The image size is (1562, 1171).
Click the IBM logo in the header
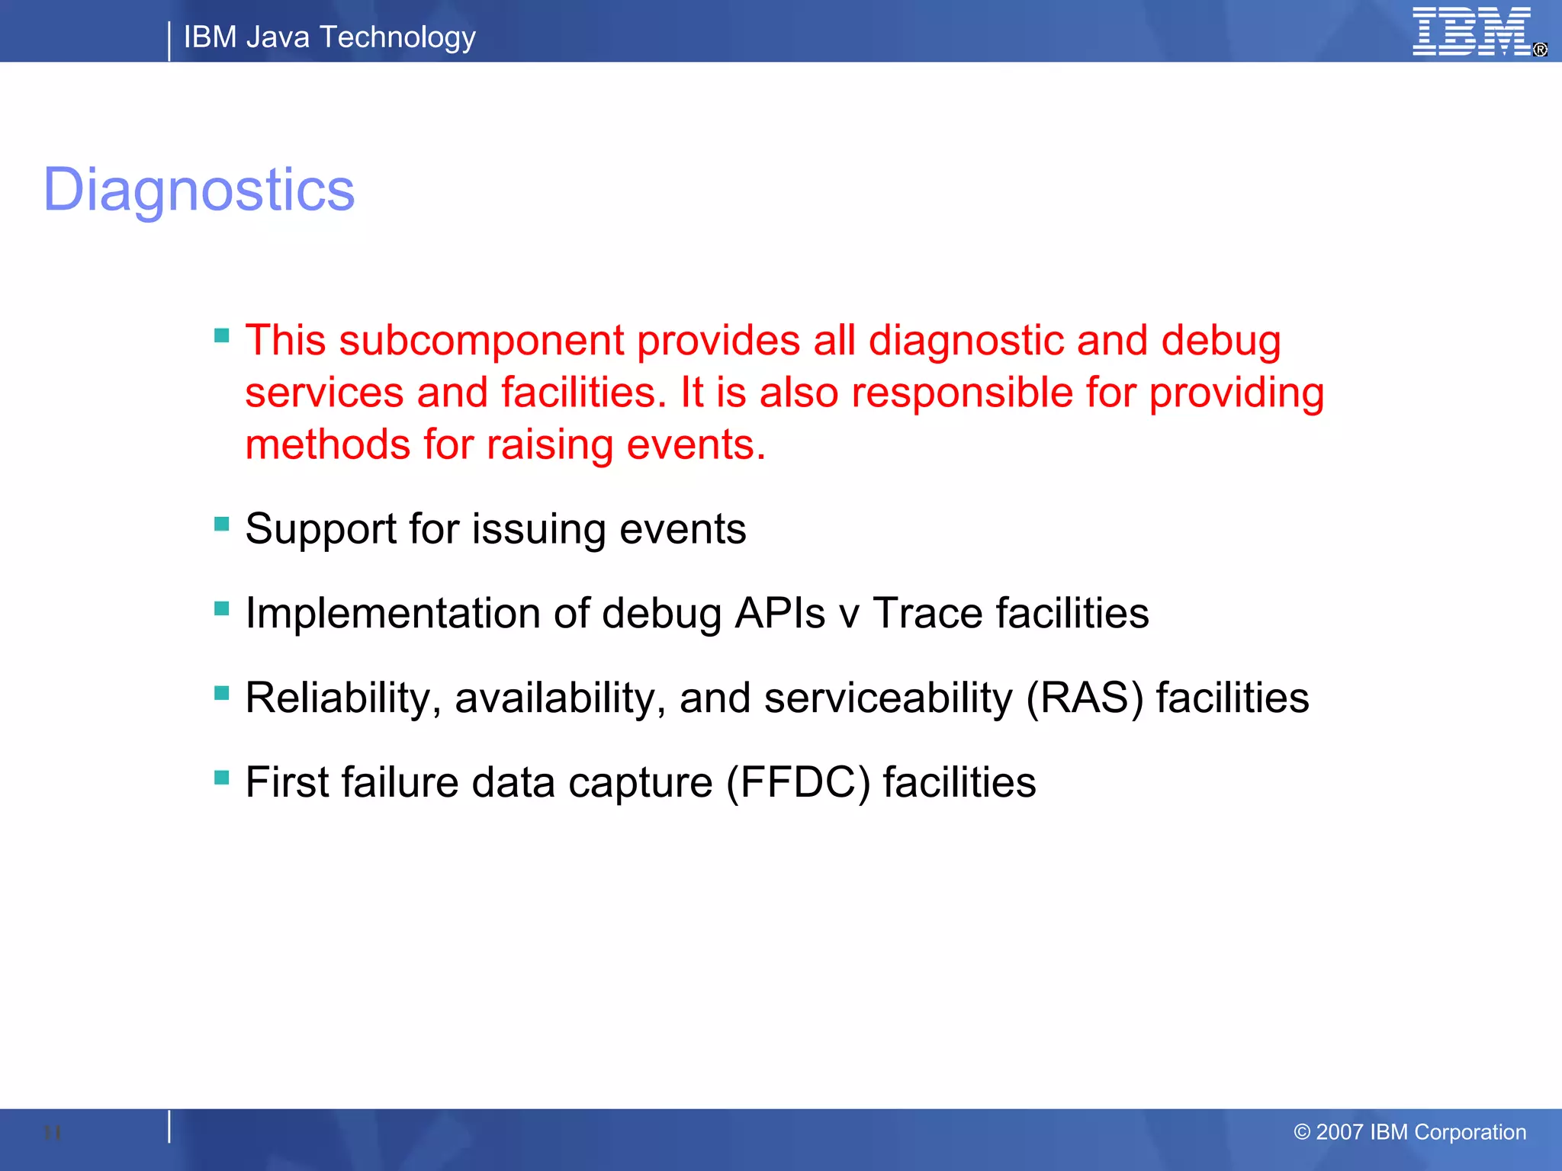point(1471,32)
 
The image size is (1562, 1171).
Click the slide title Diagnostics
point(199,190)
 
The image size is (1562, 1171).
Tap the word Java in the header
point(278,37)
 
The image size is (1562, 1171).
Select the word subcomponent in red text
point(481,340)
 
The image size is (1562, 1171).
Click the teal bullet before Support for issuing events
point(222,524)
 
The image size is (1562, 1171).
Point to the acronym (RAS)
point(1085,698)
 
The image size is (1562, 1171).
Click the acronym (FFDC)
point(798,783)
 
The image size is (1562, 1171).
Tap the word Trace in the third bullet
point(927,614)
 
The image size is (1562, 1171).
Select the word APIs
point(779,614)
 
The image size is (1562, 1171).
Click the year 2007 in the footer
point(1339,1132)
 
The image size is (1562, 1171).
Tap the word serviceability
point(888,698)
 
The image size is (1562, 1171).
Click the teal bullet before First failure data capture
point(222,778)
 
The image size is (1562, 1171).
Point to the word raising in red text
point(549,445)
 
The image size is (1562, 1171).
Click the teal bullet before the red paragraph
point(222,335)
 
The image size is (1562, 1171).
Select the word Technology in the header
point(397,37)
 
